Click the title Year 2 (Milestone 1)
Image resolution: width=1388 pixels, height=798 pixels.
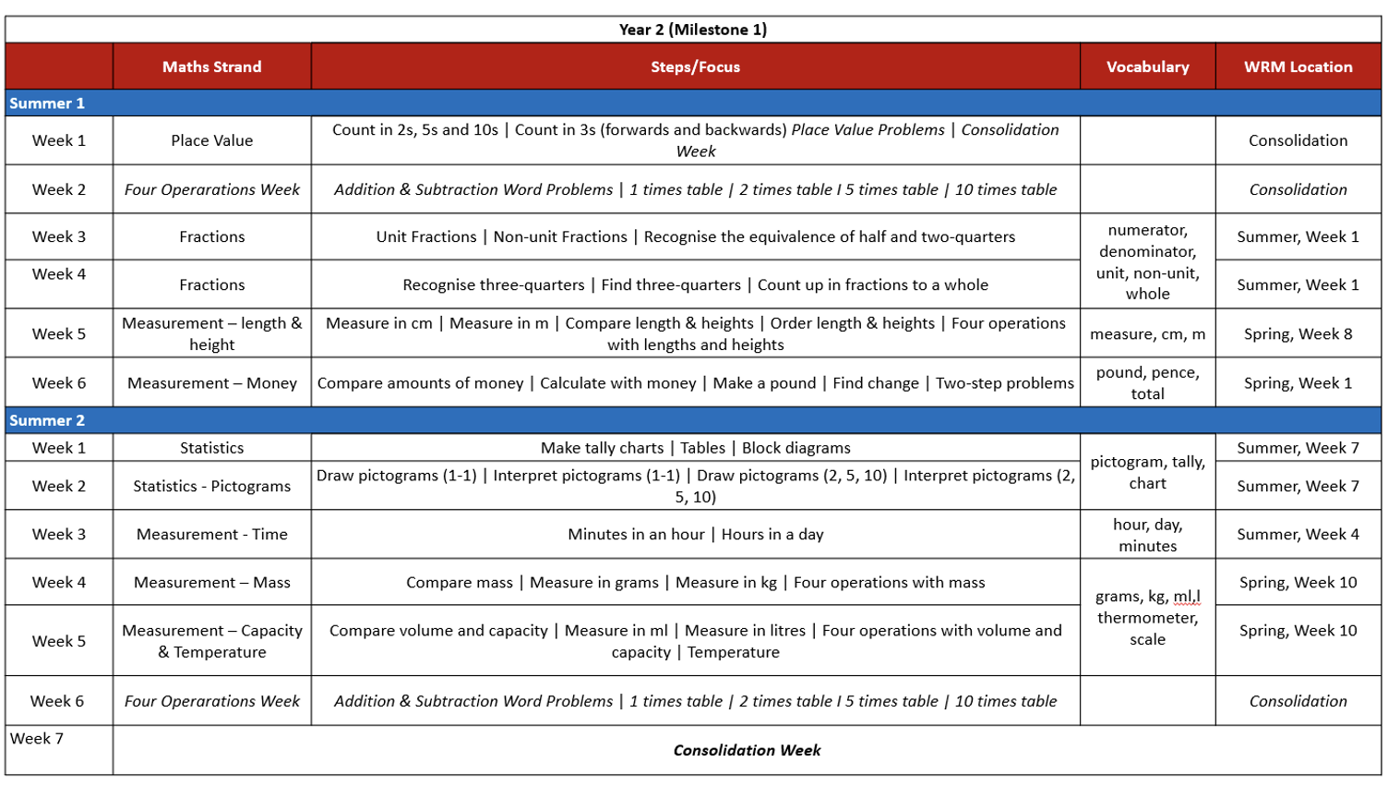(692, 30)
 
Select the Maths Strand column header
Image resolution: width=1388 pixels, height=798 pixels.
(211, 66)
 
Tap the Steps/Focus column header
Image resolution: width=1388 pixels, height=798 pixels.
(695, 66)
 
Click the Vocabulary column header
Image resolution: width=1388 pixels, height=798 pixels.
(1147, 66)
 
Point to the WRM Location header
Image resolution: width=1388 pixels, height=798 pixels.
(1298, 66)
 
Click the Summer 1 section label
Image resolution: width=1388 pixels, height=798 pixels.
(47, 103)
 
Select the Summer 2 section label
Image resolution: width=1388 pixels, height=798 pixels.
(47, 420)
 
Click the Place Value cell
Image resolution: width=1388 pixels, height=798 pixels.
(211, 140)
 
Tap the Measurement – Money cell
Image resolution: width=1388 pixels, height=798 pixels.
(211, 383)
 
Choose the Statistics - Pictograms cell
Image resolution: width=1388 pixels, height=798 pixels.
(211, 486)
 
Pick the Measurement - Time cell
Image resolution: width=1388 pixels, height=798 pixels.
(211, 534)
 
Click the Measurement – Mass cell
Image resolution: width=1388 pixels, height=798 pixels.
(211, 583)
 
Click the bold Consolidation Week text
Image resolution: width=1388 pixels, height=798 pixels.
(747, 750)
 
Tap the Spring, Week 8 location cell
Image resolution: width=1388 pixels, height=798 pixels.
(1298, 333)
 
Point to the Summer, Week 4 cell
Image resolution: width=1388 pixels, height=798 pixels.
(1298, 534)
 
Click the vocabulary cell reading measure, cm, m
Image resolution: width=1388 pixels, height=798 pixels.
(1147, 333)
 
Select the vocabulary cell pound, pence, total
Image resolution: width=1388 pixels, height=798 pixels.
(1147, 383)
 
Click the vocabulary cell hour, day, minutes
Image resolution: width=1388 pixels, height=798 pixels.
(1147, 535)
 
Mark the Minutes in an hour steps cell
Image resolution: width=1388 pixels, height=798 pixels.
(695, 534)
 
